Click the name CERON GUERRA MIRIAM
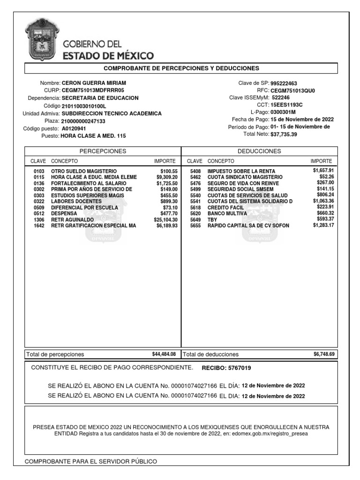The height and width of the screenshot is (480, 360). coord(94,82)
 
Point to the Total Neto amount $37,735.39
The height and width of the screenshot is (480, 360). coord(284,134)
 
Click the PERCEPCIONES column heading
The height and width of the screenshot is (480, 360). coord(103,151)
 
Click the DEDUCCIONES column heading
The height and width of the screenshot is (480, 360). coord(259,151)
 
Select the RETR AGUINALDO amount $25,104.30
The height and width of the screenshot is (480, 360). coord(165,219)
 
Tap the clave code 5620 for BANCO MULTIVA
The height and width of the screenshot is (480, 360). coord(195,213)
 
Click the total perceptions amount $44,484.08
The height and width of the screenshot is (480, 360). coord(164,354)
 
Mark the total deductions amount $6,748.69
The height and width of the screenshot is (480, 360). coord(324,354)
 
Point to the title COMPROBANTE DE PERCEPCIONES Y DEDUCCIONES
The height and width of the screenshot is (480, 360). coord(181,68)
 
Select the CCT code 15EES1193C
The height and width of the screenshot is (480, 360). coord(286,105)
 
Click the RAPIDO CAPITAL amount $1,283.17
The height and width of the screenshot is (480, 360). coord(323,225)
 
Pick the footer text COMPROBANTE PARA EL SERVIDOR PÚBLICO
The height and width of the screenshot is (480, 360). coord(90,462)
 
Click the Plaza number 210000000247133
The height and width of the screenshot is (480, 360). coord(83,121)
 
